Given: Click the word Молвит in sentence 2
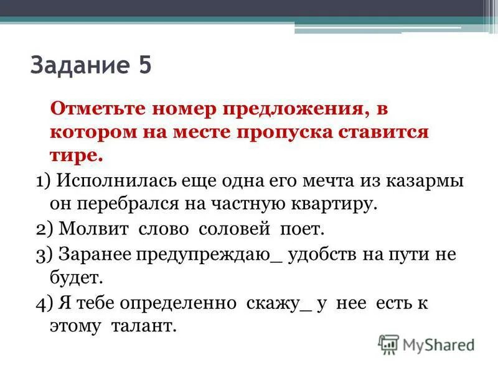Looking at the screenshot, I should [x=93, y=229].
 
